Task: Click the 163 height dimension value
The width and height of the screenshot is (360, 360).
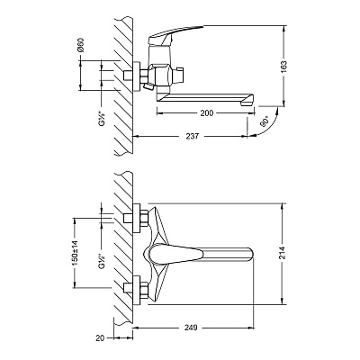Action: pos(284,67)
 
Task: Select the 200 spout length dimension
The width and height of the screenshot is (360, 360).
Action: pos(207,112)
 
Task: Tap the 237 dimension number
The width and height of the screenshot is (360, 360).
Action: pos(192,136)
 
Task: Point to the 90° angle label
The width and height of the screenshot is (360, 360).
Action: pos(265,122)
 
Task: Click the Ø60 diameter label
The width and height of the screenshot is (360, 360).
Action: pos(80,45)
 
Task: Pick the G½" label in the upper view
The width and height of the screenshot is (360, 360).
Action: pos(103,119)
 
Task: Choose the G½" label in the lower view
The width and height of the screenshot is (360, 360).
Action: pos(103,262)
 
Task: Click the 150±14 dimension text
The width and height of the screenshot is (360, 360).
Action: pos(75,253)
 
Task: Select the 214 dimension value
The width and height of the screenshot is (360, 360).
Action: pos(284,254)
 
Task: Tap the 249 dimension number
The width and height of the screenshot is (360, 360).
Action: pos(191,328)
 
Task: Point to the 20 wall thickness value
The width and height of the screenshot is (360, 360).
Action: pos(100,338)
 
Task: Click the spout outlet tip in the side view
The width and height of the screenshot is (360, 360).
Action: pos(248,103)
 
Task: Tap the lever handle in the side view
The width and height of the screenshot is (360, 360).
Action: pos(175,32)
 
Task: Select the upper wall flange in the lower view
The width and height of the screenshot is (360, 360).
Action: pos(137,219)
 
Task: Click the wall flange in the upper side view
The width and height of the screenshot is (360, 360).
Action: pos(137,76)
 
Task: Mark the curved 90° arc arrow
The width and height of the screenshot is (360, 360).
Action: pos(271,127)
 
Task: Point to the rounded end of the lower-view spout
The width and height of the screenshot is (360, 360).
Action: pos(251,253)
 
